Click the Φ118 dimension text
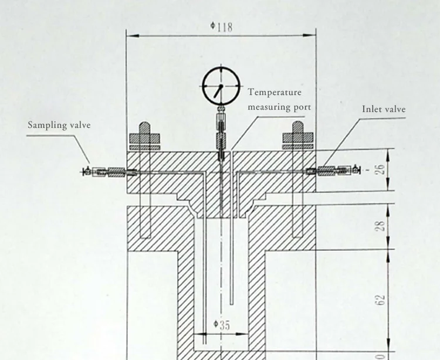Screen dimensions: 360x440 [221, 27]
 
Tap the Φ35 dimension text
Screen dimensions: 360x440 [221, 325]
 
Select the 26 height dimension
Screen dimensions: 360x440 [380, 169]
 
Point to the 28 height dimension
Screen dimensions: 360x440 [380, 226]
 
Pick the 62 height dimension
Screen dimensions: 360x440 [380, 300]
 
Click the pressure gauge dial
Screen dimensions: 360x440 [219, 86]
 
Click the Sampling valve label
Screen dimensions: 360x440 [59, 125]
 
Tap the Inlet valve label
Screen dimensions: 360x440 [384, 109]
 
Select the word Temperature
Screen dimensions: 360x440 [275, 93]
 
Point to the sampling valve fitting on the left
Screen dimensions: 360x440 [111, 171]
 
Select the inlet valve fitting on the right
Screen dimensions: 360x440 [331, 171]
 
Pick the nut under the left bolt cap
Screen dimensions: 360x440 [144, 139]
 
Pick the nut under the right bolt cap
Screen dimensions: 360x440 [297, 139]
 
